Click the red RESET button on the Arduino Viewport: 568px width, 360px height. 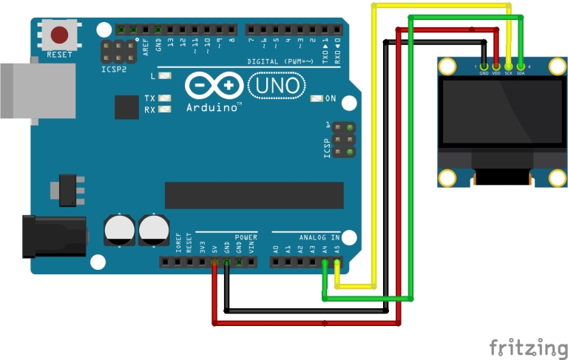click(x=59, y=35)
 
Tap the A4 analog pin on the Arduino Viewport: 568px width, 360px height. click(x=325, y=262)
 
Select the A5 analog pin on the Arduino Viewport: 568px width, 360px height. click(x=337, y=262)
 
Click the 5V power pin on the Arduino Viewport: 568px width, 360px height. click(x=214, y=262)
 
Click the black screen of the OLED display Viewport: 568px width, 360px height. click(x=500, y=113)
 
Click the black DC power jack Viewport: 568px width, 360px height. click(x=52, y=236)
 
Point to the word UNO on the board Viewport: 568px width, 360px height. click(x=277, y=86)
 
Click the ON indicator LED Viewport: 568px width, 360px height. click(x=317, y=98)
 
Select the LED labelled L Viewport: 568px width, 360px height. click(x=164, y=76)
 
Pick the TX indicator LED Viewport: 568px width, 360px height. click(x=164, y=98)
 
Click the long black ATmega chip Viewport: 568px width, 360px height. click(x=254, y=195)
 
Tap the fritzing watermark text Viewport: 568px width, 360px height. click(x=527, y=346)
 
